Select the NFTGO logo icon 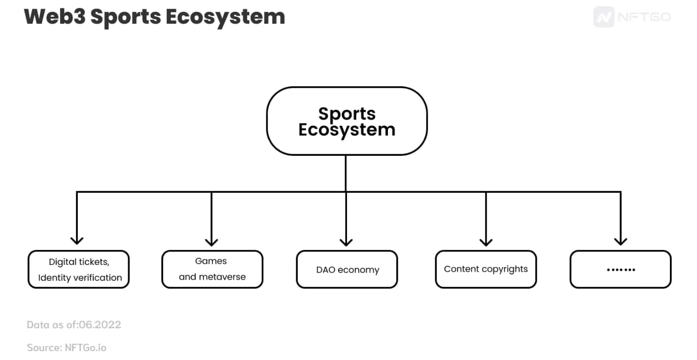point(604,16)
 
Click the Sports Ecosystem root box point(347,121)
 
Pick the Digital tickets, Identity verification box point(78,269)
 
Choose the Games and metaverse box point(212,269)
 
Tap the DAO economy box point(347,269)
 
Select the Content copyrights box point(486,269)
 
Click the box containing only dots point(620,269)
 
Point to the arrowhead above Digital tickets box point(77,241)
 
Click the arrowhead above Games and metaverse point(211,242)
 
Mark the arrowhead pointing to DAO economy point(346,242)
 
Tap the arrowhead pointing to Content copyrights point(486,242)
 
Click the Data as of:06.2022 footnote point(74,324)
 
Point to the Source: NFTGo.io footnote point(67,348)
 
